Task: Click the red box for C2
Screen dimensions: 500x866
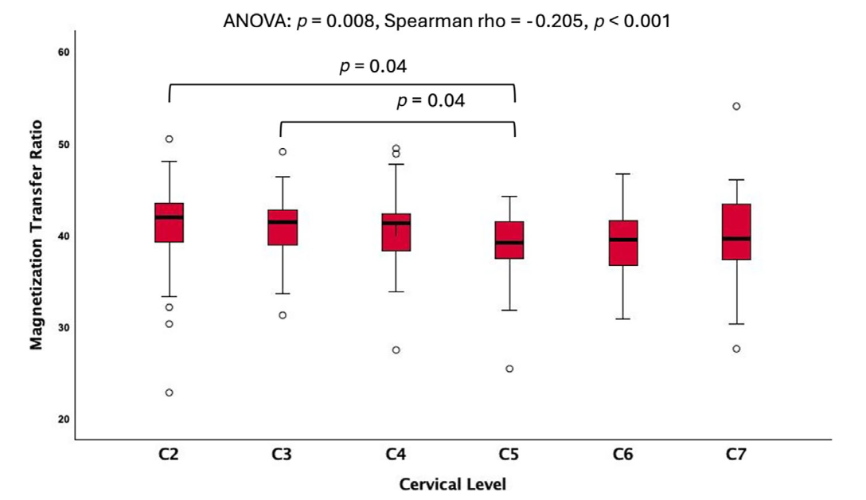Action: [169, 223]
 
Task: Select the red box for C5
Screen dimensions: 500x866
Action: [509, 240]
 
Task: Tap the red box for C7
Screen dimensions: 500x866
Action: [736, 232]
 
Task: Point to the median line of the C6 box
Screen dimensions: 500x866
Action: [622, 240]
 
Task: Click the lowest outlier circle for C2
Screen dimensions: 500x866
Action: [169, 393]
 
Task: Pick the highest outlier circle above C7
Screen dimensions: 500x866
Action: [736, 106]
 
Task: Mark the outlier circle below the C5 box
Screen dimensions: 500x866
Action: [509, 369]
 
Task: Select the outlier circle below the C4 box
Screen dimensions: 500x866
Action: [396, 350]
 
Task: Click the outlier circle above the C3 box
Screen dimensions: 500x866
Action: [283, 151]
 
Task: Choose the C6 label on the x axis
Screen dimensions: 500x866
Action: [622, 455]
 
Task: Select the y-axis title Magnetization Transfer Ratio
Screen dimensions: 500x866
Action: [36, 235]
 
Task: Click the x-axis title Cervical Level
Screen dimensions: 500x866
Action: [453, 483]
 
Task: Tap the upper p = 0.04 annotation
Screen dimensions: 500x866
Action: [373, 67]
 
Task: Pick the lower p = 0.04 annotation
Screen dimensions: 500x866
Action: [430, 101]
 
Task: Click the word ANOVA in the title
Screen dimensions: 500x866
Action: [249, 21]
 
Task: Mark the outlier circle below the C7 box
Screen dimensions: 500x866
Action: [736, 349]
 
